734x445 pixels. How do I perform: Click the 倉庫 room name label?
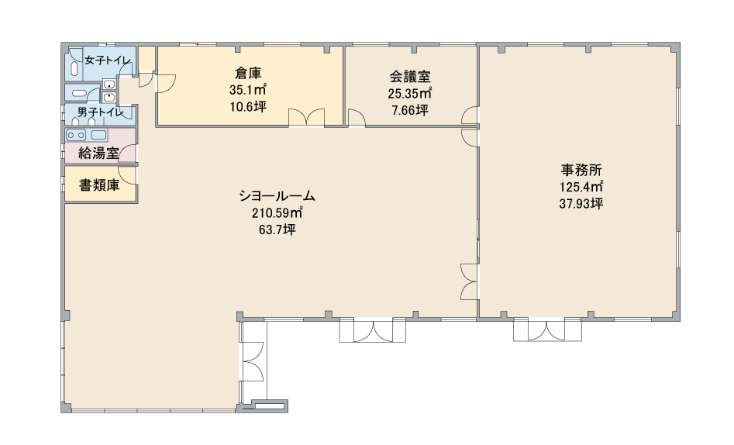click(248, 73)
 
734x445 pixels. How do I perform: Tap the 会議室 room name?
click(409, 76)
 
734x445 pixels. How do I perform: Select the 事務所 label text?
click(581, 170)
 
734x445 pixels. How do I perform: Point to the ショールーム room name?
click(277, 196)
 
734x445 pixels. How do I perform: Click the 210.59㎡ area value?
click(277, 213)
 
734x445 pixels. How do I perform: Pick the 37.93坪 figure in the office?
click(581, 204)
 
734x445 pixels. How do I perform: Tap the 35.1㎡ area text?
click(248, 89)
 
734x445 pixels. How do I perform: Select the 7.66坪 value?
click(409, 111)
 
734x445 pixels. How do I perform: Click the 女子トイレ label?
click(108, 60)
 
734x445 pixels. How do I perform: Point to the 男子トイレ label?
click(100, 112)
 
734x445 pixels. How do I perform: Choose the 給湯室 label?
click(98, 153)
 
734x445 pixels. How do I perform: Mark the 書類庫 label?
click(99, 185)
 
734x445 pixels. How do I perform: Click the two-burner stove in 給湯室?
click(76, 136)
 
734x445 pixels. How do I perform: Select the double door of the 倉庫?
click(306, 117)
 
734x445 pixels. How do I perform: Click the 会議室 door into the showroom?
click(357, 118)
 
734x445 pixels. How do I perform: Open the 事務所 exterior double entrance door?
click(546, 329)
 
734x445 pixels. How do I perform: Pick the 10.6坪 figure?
click(248, 107)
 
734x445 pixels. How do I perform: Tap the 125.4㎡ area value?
click(581, 187)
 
